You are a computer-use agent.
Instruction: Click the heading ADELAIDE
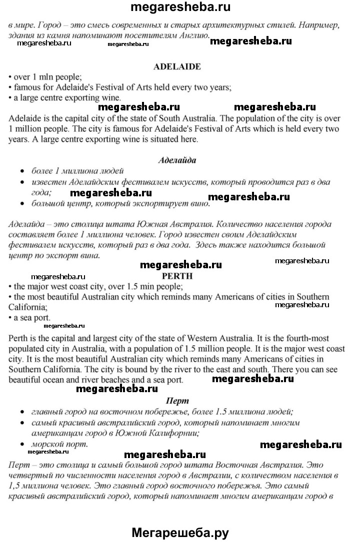click(x=176, y=66)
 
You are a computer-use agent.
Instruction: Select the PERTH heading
click(x=177, y=275)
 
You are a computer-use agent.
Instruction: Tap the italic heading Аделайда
click(x=176, y=160)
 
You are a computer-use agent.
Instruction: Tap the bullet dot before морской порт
click(x=22, y=444)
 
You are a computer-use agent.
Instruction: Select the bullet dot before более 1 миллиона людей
click(x=22, y=171)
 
